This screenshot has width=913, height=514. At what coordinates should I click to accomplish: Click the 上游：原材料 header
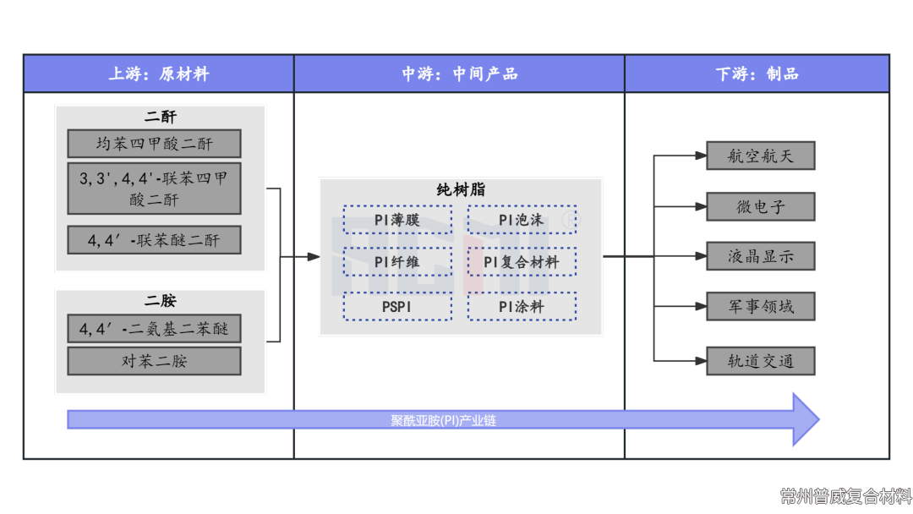tap(158, 74)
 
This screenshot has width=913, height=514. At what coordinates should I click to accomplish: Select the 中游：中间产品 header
tap(459, 74)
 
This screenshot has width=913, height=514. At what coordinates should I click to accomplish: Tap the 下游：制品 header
tap(757, 74)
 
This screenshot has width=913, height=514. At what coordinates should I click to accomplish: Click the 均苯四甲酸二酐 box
tap(154, 144)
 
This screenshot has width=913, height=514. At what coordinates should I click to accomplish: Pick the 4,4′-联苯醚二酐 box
tap(154, 240)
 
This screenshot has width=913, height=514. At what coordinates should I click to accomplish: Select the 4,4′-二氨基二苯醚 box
tap(154, 328)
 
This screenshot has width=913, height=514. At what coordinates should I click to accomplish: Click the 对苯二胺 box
tap(154, 361)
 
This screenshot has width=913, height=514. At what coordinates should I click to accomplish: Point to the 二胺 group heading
tap(160, 301)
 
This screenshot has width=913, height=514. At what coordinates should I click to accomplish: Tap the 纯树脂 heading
tap(461, 190)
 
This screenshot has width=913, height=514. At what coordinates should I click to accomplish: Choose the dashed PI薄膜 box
tap(397, 220)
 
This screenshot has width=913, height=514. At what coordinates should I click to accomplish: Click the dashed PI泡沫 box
tap(522, 220)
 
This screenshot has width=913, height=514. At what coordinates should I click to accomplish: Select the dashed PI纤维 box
tap(397, 262)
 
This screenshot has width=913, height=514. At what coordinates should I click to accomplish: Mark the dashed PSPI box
tap(397, 306)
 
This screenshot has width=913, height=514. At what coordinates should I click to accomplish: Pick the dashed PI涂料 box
tap(522, 306)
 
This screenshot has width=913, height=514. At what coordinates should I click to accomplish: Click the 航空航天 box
tap(760, 156)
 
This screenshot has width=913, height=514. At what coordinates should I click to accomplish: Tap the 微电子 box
tap(760, 207)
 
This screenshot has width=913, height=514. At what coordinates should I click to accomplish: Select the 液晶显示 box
tap(760, 256)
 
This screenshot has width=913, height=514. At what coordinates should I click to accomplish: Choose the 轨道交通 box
tap(760, 361)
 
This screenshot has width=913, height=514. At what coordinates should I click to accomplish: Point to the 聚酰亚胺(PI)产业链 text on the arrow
tap(443, 419)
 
